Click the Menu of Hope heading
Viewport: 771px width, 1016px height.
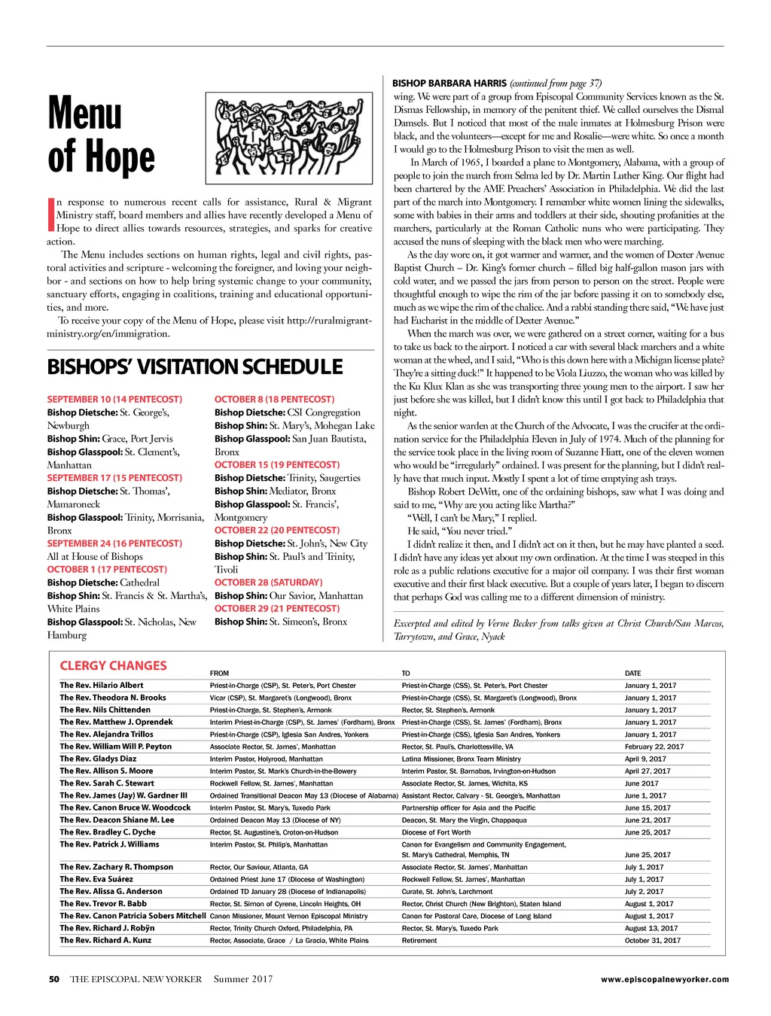coord(101,135)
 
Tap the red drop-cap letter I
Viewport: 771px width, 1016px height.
coord(50,214)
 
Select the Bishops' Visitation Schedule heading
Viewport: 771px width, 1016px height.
coord(195,367)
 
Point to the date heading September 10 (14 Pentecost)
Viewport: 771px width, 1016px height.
coord(114,400)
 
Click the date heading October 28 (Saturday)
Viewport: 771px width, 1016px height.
coord(268,583)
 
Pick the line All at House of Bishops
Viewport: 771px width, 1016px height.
coord(95,557)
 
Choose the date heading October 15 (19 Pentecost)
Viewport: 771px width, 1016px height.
coord(276,465)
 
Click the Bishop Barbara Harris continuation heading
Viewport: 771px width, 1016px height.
coord(497,84)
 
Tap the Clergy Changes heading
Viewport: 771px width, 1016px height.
coord(113,666)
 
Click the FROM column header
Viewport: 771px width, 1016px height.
coord(219,674)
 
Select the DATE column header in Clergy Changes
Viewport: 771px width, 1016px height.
coord(632,674)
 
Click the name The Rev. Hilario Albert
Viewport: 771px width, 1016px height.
coord(102,686)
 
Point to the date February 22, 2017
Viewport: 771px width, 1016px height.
coord(654,747)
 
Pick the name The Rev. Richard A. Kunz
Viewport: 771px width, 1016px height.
coord(105,940)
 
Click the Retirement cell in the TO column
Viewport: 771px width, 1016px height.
coord(419,941)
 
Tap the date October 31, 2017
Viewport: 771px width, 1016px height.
coord(652,941)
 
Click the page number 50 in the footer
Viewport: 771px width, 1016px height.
coord(54,980)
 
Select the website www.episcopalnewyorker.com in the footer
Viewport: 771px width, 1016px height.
coord(665,980)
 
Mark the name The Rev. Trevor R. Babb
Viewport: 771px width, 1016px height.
coord(103,904)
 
